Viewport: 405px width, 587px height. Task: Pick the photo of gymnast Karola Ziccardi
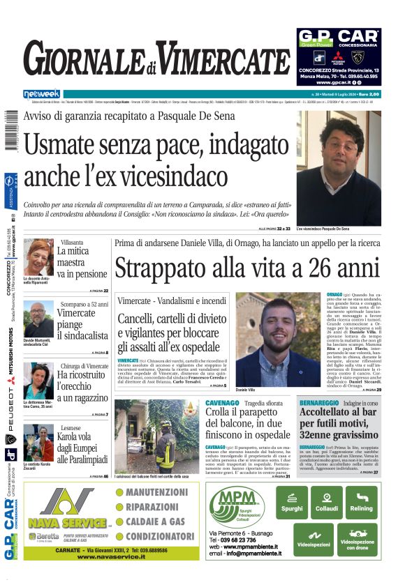(x=38, y=442)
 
